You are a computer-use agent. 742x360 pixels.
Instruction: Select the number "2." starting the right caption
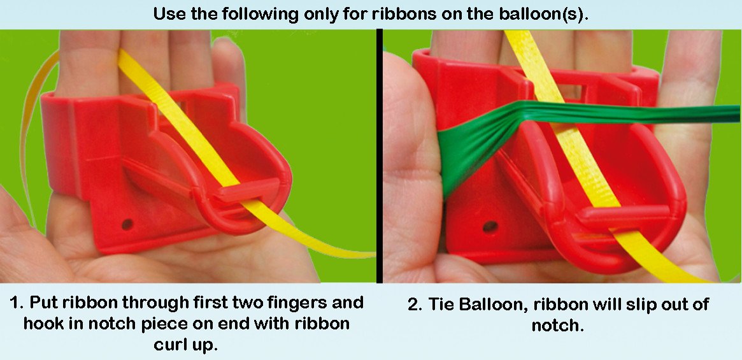(x=415, y=305)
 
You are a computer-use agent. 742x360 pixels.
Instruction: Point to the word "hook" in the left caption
(x=43, y=323)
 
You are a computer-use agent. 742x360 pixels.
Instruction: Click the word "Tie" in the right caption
(x=446, y=305)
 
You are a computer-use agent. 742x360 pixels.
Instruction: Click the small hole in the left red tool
(x=127, y=224)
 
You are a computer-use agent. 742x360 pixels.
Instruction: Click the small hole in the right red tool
(x=490, y=226)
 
